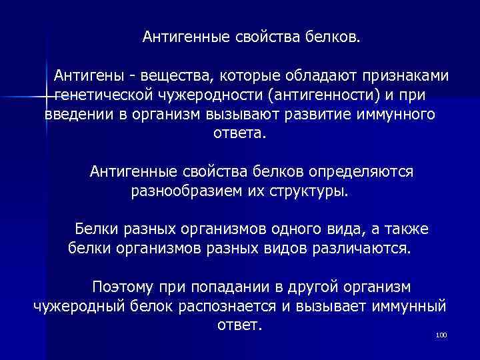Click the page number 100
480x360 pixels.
pos(440,335)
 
